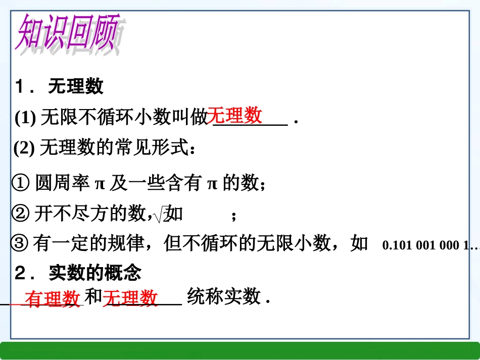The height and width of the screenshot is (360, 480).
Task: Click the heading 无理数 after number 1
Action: (76, 86)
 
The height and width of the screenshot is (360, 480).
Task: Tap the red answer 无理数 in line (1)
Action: (235, 115)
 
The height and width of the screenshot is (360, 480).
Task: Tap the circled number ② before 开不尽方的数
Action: (21, 215)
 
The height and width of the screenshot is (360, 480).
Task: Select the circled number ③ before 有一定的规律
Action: (20, 244)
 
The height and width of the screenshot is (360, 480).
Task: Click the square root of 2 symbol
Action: (161, 216)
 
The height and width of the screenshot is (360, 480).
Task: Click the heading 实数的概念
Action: (95, 273)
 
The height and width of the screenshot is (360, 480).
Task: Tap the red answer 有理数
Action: (53, 299)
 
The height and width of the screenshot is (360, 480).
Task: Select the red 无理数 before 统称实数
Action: (131, 298)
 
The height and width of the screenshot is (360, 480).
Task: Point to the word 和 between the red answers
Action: (93, 297)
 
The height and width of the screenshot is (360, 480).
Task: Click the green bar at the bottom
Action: (240, 350)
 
